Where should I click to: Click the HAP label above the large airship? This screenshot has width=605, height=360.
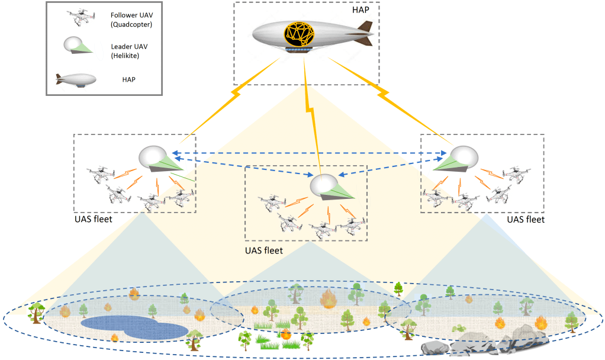point(361,9)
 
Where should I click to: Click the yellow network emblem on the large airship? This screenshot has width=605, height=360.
point(300,34)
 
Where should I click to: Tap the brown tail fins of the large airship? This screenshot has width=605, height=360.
point(365,34)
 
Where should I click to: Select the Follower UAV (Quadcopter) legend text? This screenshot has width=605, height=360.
point(131,20)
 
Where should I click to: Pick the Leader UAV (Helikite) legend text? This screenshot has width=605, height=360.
point(129,51)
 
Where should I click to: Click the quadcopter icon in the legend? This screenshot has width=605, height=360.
point(82,17)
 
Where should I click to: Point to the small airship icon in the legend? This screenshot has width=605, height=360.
point(76,80)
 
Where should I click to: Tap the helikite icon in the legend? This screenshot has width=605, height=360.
point(78,45)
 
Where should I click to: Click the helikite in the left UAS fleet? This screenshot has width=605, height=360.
point(160,159)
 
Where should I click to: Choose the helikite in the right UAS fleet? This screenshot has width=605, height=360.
point(456,159)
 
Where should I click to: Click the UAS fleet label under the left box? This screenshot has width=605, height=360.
point(94,219)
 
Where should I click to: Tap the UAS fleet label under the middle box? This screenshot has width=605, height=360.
point(264,250)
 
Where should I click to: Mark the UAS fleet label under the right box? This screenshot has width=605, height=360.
point(526,220)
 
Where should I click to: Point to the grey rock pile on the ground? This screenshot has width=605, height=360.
point(484,341)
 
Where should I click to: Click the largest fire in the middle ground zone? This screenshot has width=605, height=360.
point(329,299)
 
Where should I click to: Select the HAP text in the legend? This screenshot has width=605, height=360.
point(129,79)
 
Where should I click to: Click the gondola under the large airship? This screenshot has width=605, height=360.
point(298,49)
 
